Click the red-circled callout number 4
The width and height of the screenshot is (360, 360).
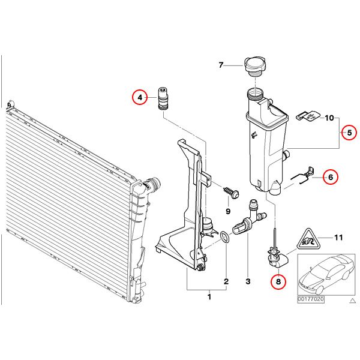click(140, 98)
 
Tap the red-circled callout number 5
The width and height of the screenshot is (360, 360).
click(349, 133)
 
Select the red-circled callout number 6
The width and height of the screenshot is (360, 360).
click(331, 177)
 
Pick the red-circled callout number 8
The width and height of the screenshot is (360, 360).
click(278, 281)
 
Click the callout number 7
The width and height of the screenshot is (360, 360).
click(221, 65)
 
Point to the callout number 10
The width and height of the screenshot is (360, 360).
click(329, 118)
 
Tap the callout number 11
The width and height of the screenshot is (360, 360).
click(338, 238)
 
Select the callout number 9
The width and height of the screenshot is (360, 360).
click(228, 211)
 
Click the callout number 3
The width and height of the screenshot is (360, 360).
click(248, 281)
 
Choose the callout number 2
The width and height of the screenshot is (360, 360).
click(226, 281)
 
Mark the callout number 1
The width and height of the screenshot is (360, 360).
click(209, 297)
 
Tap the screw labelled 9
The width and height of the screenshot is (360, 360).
click(232, 193)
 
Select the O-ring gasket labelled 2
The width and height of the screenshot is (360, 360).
click(225, 237)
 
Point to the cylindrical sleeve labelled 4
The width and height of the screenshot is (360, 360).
click(163, 99)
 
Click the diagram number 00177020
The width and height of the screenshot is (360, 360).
click(311, 299)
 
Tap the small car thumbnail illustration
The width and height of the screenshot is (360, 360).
click(326, 274)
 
